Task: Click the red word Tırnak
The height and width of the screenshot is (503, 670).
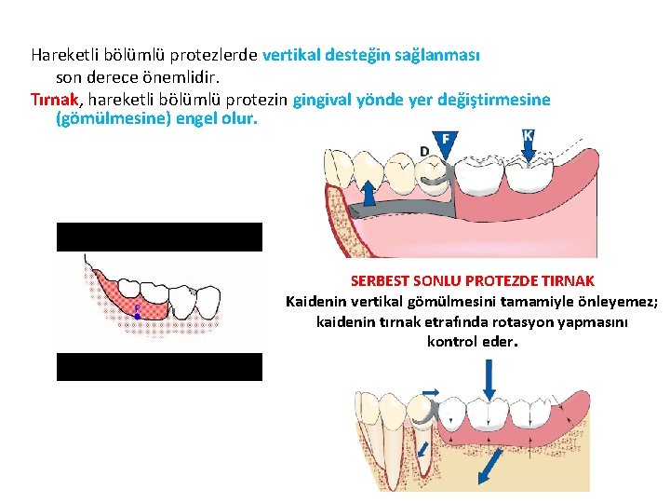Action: click(54, 100)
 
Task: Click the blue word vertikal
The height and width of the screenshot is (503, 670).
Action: click(294, 54)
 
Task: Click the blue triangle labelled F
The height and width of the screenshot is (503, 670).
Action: click(446, 140)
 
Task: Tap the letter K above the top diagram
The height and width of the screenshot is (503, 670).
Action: click(529, 136)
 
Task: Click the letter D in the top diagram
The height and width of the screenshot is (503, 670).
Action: click(424, 152)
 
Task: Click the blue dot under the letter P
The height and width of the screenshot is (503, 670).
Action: click(137, 317)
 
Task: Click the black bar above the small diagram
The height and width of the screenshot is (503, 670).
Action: click(159, 237)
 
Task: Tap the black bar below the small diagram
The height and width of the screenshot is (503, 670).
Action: click(159, 367)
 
